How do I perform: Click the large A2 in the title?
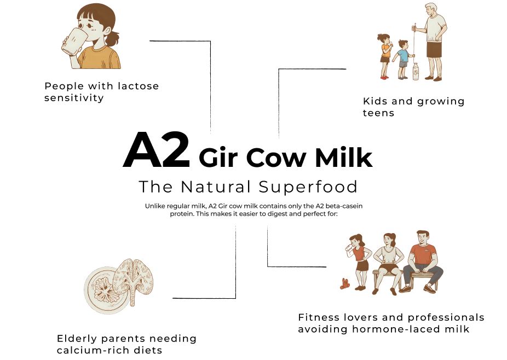pyautogui.click(x=157, y=149)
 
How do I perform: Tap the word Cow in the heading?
pyautogui.click(x=276, y=158)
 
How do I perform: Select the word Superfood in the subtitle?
pyautogui.click(x=308, y=187)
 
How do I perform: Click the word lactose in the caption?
pyautogui.click(x=139, y=86)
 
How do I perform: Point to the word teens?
pyautogui.click(x=378, y=113)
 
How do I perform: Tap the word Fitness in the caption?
pyautogui.click(x=319, y=317)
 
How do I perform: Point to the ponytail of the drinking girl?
pyautogui.click(x=112, y=38)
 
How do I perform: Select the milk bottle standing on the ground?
pyautogui.click(x=416, y=72)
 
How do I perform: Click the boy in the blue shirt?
pyautogui.click(x=402, y=60)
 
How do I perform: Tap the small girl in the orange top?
pyautogui.click(x=385, y=56)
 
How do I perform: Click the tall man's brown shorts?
pyautogui.click(x=434, y=49)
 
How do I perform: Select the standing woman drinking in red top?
pyautogui.click(x=358, y=262)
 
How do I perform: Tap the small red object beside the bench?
pyautogui.click(x=345, y=284)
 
